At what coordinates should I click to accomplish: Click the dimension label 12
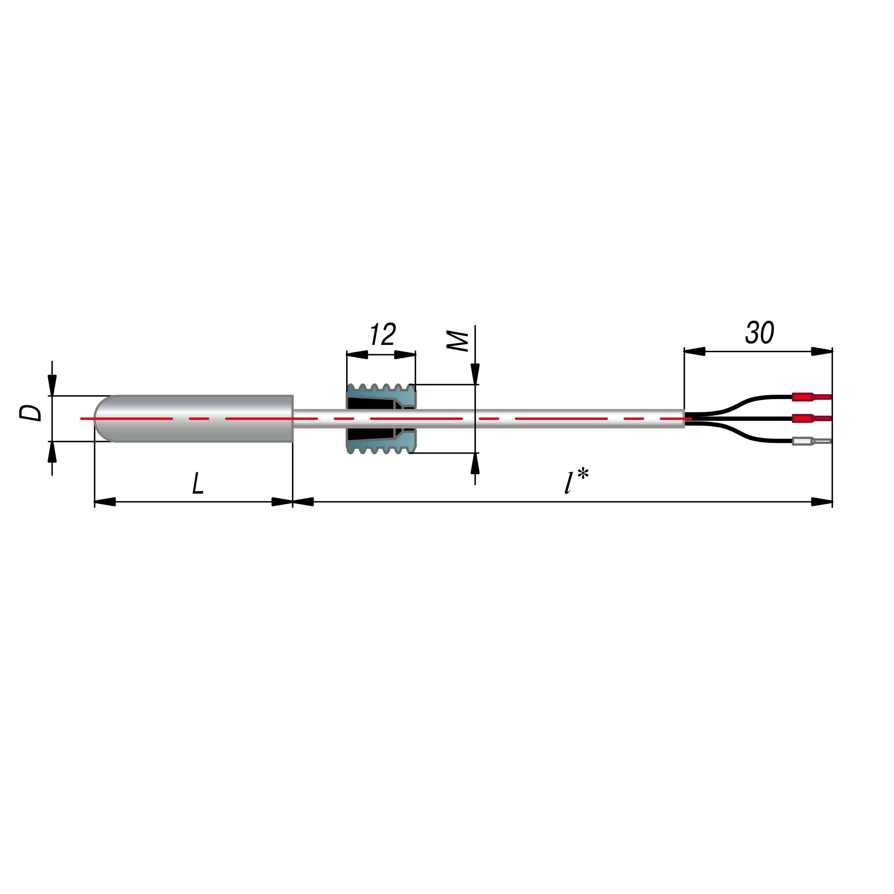pos(383,334)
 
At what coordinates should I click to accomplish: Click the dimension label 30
pos(760,332)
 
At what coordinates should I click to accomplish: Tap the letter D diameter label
pos(30,413)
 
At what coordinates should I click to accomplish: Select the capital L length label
pos(198,483)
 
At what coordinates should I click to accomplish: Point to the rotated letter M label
pos(457,341)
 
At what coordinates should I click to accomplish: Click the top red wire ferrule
pos(812,397)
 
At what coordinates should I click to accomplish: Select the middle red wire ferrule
pos(812,418)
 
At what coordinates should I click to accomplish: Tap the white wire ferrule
pos(812,441)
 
